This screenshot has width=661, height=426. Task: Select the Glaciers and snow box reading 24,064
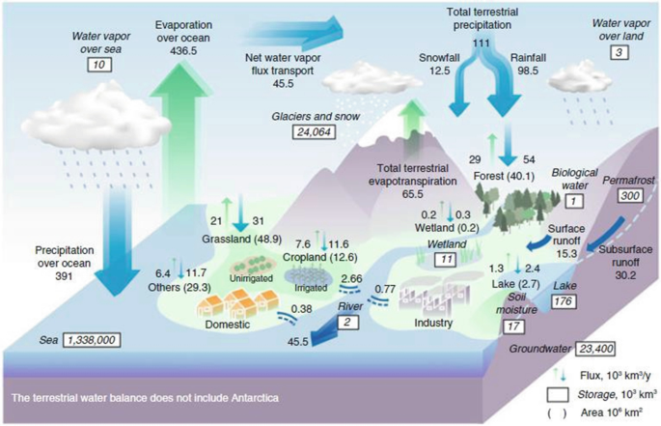[314, 130]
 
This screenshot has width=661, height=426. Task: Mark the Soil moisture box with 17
[517, 326]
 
